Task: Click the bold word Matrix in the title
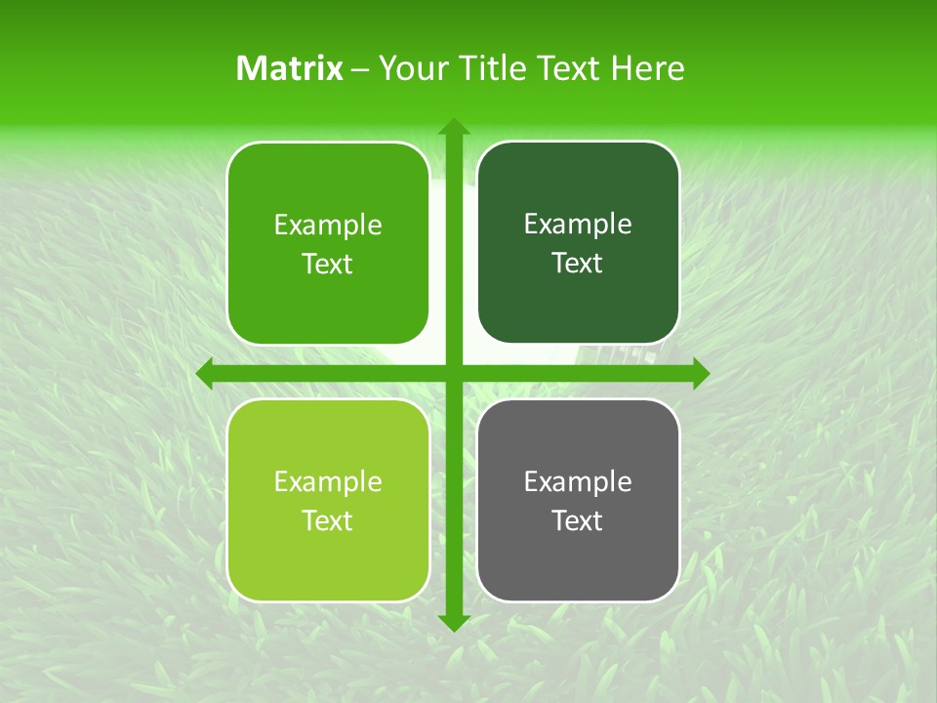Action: point(290,68)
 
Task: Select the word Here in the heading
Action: point(647,68)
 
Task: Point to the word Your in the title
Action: point(410,68)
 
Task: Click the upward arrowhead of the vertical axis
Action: point(453,128)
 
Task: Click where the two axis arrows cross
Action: point(453,373)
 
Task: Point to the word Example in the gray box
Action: point(578,481)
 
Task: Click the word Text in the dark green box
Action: point(578,264)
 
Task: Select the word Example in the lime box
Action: point(328,481)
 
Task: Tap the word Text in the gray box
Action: point(578,521)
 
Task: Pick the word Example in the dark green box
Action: point(578,225)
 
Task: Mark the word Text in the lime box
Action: point(328,521)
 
